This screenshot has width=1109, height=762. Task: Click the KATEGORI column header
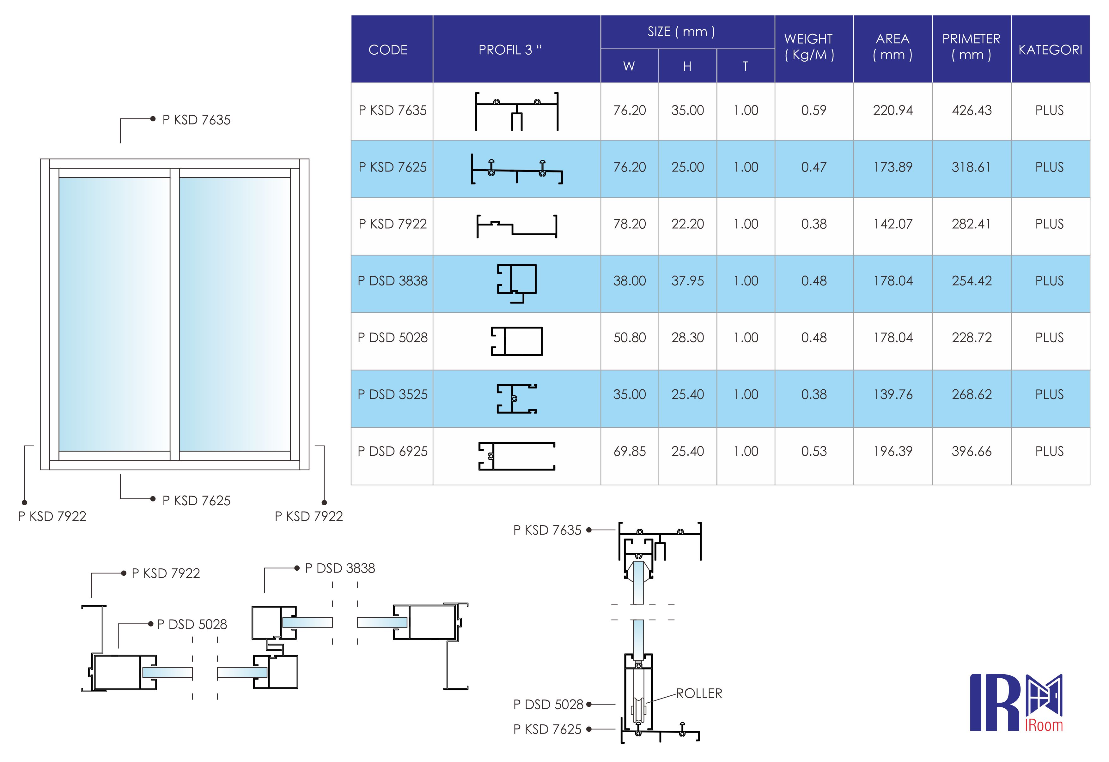click(x=1050, y=50)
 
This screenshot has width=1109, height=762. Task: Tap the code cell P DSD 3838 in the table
click(x=392, y=281)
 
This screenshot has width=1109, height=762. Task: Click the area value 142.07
click(x=892, y=224)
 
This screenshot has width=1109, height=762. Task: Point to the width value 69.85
click(x=629, y=451)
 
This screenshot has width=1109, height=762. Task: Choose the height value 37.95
click(x=687, y=281)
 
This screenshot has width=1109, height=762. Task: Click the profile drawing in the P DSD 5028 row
click(x=516, y=341)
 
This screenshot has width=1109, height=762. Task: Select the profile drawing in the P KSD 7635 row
click(x=516, y=111)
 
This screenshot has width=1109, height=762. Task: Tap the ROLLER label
click(x=698, y=693)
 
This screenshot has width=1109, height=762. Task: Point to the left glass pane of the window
click(x=114, y=314)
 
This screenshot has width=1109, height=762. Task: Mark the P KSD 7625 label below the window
click(x=196, y=500)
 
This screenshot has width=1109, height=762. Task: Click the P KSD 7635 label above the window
click(x=196, y=120)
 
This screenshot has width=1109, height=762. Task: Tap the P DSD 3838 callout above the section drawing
click(x=340, y=568)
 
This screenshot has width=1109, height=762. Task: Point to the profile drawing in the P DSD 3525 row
click(x=516, y=399)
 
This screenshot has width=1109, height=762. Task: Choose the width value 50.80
click(x=629, y=338)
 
